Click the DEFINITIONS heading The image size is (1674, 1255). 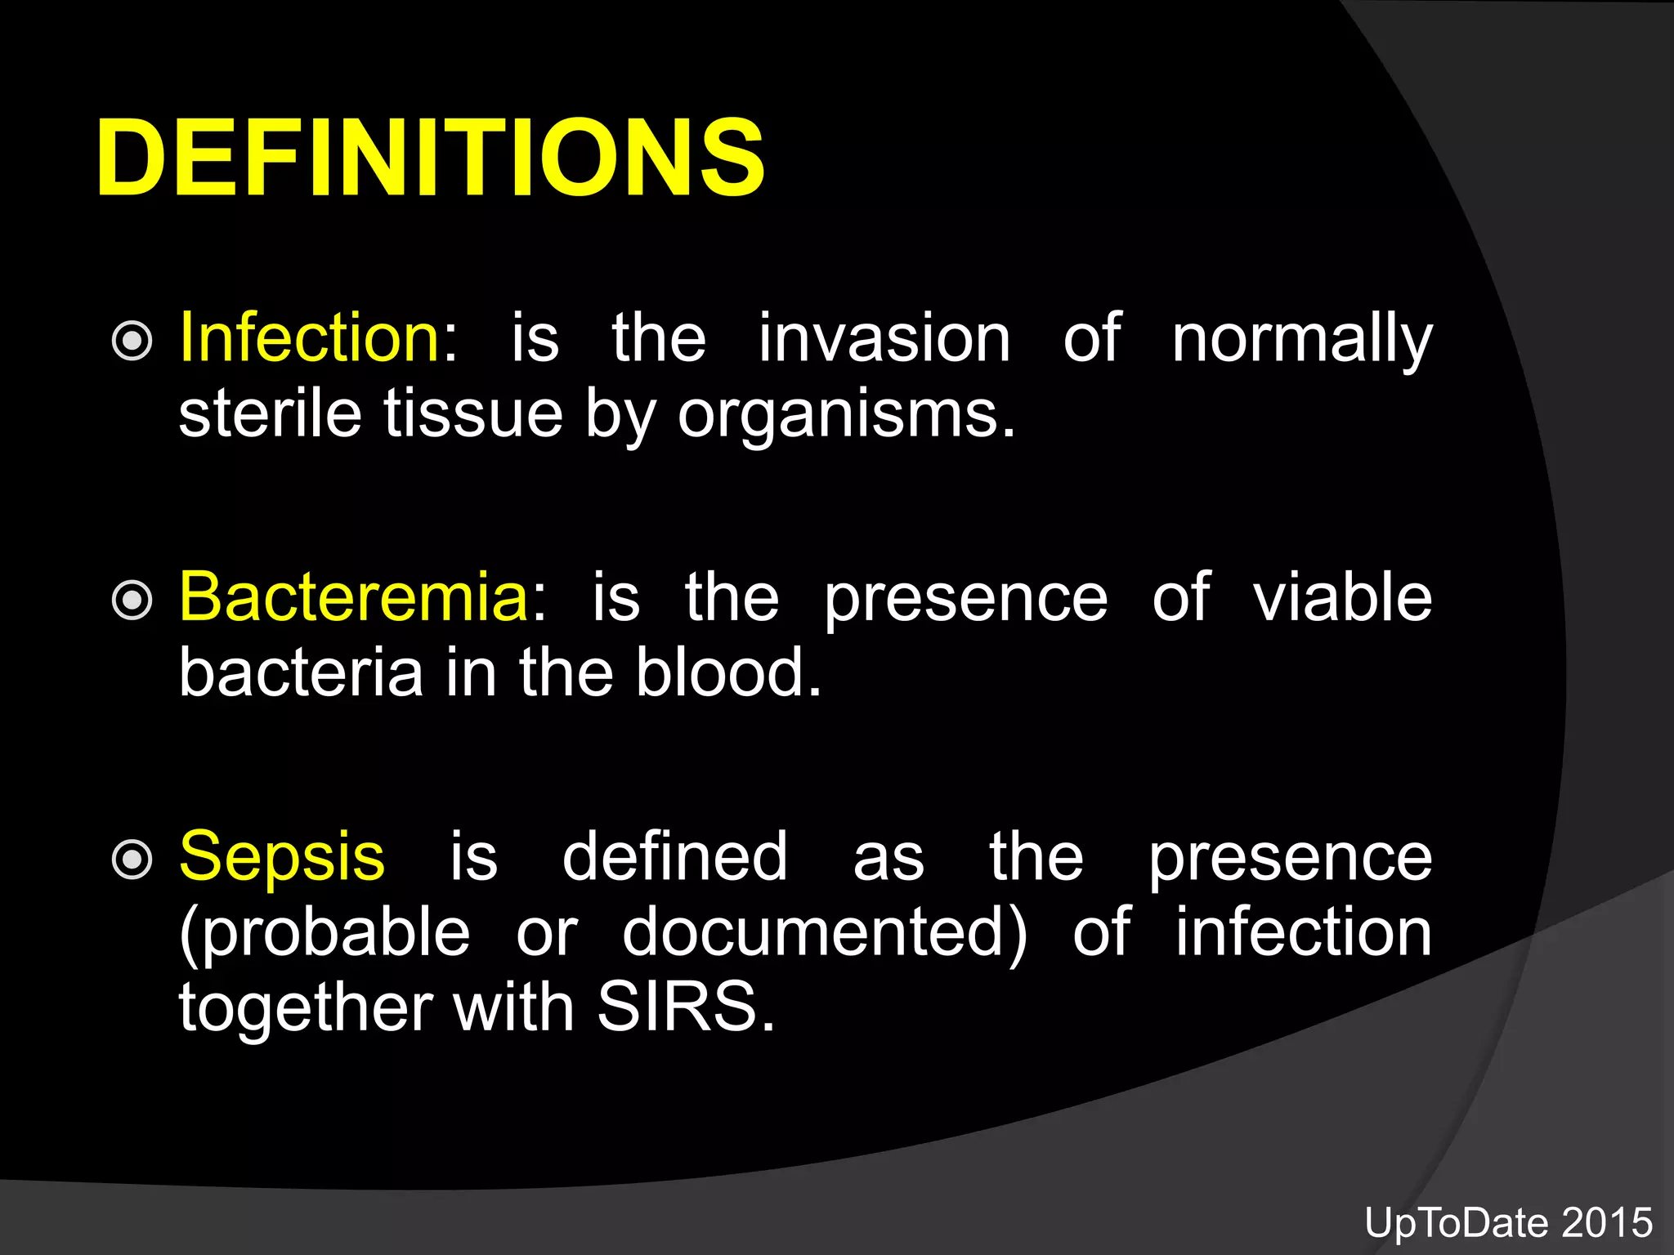[431, 157]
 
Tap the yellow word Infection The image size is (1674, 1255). [310, 337]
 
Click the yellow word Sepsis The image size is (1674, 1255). [282, 856]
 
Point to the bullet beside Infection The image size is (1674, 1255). [132, 341]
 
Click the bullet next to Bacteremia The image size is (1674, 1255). [132, 601]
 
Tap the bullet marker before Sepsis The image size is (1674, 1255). [132, 860]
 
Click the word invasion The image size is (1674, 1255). [884, 337]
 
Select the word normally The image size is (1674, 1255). [1301, 339]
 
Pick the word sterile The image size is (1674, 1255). [270, 413]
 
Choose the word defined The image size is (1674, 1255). [675, 856]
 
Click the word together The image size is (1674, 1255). [306, 1007]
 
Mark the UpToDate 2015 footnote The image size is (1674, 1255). [1508, 1223]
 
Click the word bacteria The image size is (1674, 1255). [301, 672]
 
